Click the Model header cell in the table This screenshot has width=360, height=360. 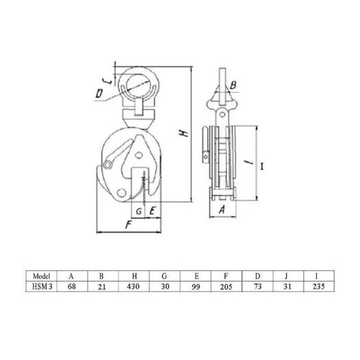pos(41,276)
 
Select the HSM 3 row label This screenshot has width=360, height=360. pos(42,287)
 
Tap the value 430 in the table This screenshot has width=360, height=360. pos(133,287)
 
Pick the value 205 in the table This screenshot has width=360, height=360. pos(226,287)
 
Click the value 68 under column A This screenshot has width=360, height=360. pos(71,287)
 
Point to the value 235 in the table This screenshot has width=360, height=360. pos(319,287)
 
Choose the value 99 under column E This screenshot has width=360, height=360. pos(196,287)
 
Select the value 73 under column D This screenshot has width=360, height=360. pos(257,287)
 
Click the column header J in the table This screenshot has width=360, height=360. pos(286,276)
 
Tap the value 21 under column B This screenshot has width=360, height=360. pos(102,287)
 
